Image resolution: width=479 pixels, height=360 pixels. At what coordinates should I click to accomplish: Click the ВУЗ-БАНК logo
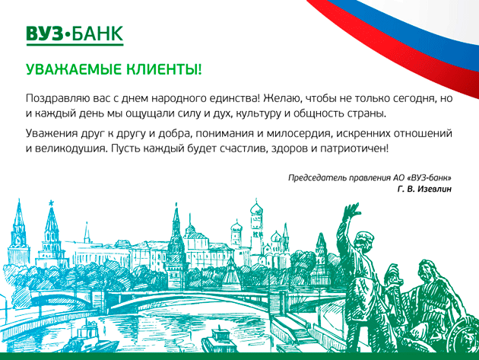click(x=75, y=35)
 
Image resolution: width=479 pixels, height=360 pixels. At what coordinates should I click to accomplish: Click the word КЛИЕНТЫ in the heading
click(x=164, y=69)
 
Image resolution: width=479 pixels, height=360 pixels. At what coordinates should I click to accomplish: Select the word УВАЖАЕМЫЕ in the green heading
click(x=74, y=69)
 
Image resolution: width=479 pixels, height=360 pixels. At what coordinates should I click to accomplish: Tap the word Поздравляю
click(x=57, y=99)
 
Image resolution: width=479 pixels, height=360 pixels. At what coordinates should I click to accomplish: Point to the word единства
click(x=235, y=99)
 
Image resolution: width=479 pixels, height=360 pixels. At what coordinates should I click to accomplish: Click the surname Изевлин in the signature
click(x=434, y=190)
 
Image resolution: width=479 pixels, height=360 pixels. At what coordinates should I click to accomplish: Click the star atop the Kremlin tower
click(x=51, y=202)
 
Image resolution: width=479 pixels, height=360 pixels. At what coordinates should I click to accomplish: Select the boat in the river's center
click(x=219, y=340)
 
